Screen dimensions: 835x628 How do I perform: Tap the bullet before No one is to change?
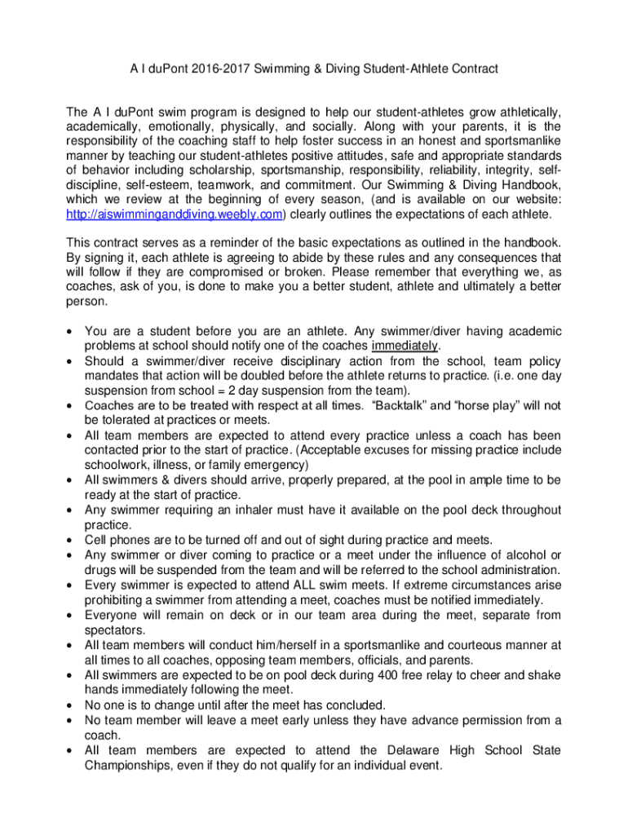pos(71,705)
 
